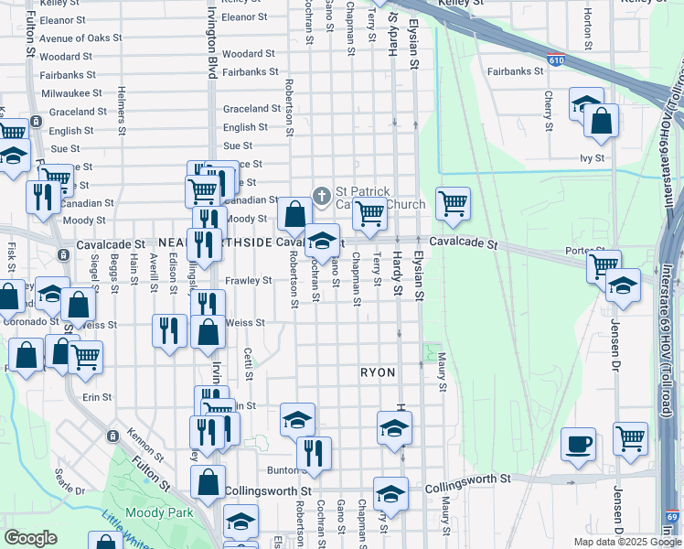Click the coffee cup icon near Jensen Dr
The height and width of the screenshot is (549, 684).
[x=578, y=445]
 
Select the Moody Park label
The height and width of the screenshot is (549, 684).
[x=159, y=513]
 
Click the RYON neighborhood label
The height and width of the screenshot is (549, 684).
[x=377, y=373]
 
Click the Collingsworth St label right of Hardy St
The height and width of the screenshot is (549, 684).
[x=468, y=479]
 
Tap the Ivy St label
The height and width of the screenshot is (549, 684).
[x=593, y=158]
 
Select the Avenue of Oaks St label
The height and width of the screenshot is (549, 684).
[x=80, y=38]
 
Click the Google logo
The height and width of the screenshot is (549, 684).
[x=30, y=538]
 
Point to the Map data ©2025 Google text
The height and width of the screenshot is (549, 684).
[x=626, y=542]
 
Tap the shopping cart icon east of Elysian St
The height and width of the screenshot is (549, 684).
[x=453, y=204]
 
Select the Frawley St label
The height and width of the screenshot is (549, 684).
[x=250, y=281]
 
